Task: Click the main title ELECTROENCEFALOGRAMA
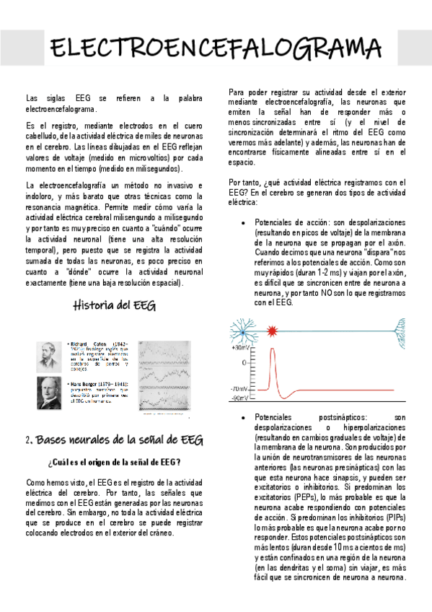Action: (216, 49)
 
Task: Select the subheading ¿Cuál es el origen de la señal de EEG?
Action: (114, 462)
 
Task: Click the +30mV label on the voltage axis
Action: (240, 348)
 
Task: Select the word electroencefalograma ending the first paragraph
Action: (60, 108)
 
